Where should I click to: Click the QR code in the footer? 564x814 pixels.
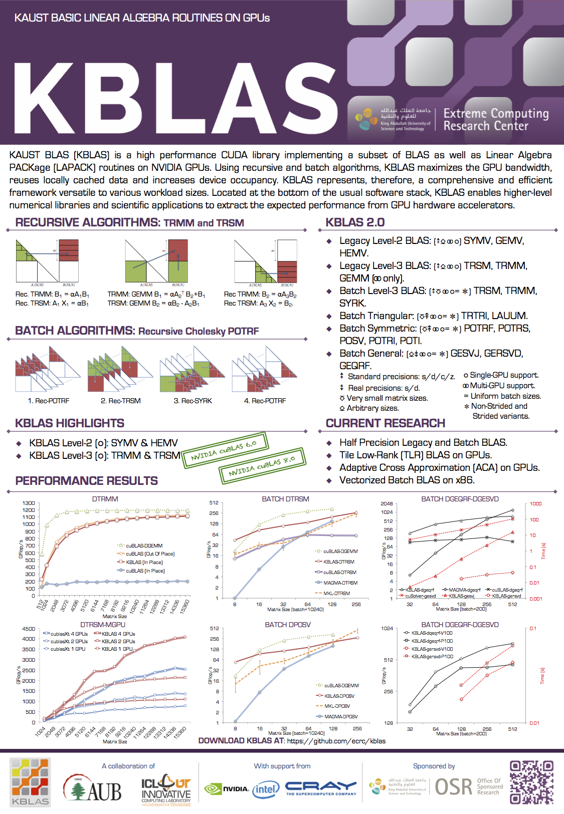click(x=531, y=782)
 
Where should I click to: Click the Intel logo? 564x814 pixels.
click(x=265, y=789)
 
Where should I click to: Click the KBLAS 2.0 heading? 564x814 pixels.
click(x=355, y=222)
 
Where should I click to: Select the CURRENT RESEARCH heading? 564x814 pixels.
click(x=385, y=423)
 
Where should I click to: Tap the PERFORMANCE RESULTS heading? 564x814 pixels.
click(x=86, y=481)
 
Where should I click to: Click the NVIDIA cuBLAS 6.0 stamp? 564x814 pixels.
click(x=224, y=450)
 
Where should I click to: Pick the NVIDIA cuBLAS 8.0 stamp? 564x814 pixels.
click(x=262, y=466)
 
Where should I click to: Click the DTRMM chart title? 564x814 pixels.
click(x=105, y=499)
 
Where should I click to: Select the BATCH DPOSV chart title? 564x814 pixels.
click(x=288, y=625)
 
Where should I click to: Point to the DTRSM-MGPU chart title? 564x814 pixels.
click(x=103, y=625)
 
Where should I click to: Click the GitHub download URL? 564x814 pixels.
click(x=336, y=741)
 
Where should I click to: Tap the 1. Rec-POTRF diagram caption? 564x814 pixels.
click(x=49, y=401)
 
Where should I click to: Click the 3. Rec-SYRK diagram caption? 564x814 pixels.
click(x=193, y=401)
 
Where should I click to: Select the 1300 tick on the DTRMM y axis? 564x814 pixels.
click(x=29, y=503)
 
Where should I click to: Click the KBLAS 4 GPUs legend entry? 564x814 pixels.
click(x=118, y=634)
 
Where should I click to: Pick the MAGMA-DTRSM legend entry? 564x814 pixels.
click(x=340, y=583)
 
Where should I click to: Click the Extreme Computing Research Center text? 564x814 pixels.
click(x=495, y=120)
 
